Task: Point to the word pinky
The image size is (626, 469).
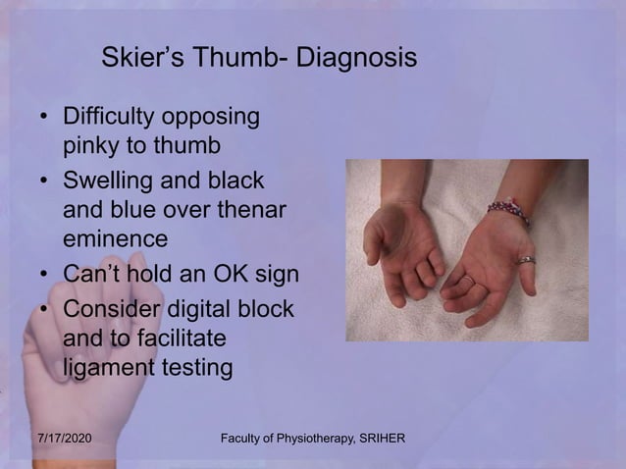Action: click(x=92, y=146)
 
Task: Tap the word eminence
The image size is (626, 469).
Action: click(x=114, y=237)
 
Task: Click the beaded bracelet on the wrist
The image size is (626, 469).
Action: click(x=508, y=211)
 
